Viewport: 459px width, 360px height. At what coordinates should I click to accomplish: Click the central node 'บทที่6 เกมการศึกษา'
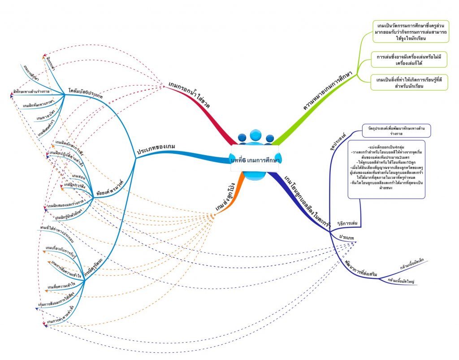[x=255, y=160]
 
